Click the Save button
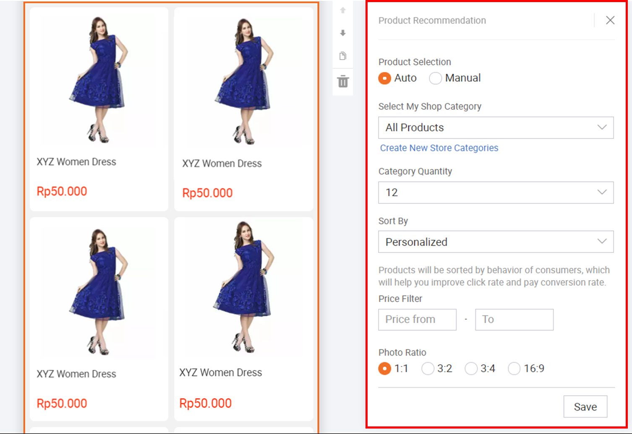585,406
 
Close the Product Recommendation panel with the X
610,20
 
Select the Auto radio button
384,78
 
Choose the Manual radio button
435,78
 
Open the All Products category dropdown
496,127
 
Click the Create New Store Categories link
439,148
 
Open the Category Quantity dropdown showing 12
496,192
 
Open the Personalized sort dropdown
496,242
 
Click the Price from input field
417,320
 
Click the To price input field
514,320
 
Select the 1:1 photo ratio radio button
384,369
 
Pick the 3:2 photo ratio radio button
428,369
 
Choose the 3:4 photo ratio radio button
471,369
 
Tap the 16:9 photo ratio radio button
514,369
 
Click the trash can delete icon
343,81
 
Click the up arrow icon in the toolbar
343,10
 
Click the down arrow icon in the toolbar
343,33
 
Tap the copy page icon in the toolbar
343,56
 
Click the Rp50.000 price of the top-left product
62,192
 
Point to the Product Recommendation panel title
432,21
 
